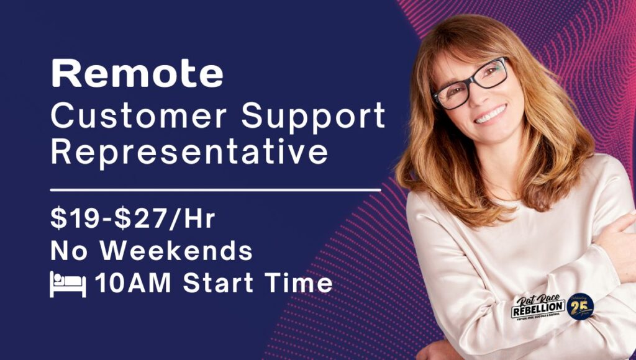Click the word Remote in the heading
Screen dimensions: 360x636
tap(137, 74)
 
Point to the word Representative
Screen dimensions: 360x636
tap(189, 152)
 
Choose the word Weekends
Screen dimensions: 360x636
tap(177, 251)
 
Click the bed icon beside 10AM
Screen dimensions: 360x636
tap(68, 284)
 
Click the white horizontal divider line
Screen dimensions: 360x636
tap(215, 189)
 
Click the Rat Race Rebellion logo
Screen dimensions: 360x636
tap(537, 307)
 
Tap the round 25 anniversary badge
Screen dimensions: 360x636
tap(581, 305)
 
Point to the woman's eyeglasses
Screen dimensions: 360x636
tap(471, 84)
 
